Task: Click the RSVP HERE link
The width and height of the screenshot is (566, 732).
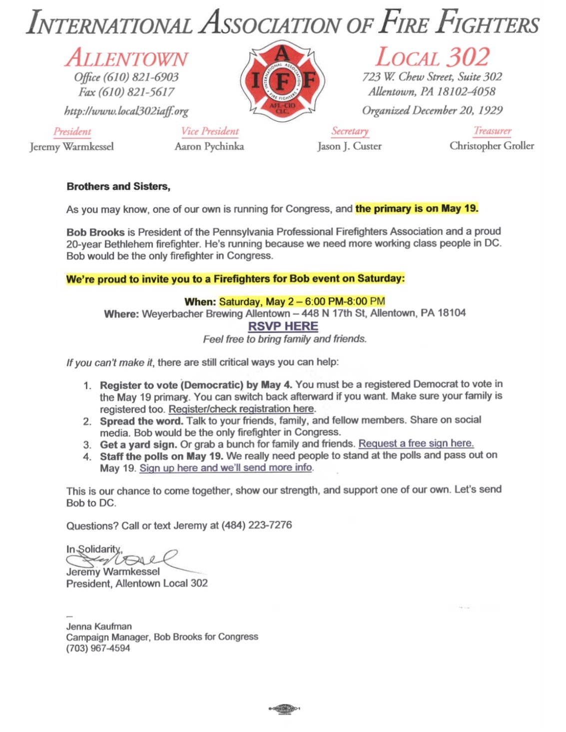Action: pos(283,326)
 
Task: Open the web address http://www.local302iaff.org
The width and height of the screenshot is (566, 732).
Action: pos(126,111)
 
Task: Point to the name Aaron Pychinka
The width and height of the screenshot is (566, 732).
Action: pos(209,146)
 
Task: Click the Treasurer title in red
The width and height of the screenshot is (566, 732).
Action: pos(492,131)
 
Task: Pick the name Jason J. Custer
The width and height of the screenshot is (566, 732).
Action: pos(349,146)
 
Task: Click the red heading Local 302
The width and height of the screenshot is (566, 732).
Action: pos(433,57)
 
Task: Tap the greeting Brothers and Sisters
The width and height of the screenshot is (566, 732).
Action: pos(118,186)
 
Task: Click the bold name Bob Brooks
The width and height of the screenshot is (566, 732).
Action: pos(95,232)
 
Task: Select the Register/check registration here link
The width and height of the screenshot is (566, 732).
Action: pos(241,409)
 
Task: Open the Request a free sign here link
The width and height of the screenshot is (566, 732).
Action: pos(416,443)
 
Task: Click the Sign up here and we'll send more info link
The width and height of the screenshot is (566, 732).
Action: pos(226,468)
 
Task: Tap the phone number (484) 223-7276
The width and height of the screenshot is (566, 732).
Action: pos(257,525)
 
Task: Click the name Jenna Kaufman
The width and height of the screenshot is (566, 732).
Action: pos(99,626)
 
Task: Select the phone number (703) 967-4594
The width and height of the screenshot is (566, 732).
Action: pos(98,648)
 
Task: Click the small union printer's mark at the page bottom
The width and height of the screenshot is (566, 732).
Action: pos(284,708)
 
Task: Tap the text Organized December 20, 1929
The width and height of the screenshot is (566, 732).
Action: pos(432,110)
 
